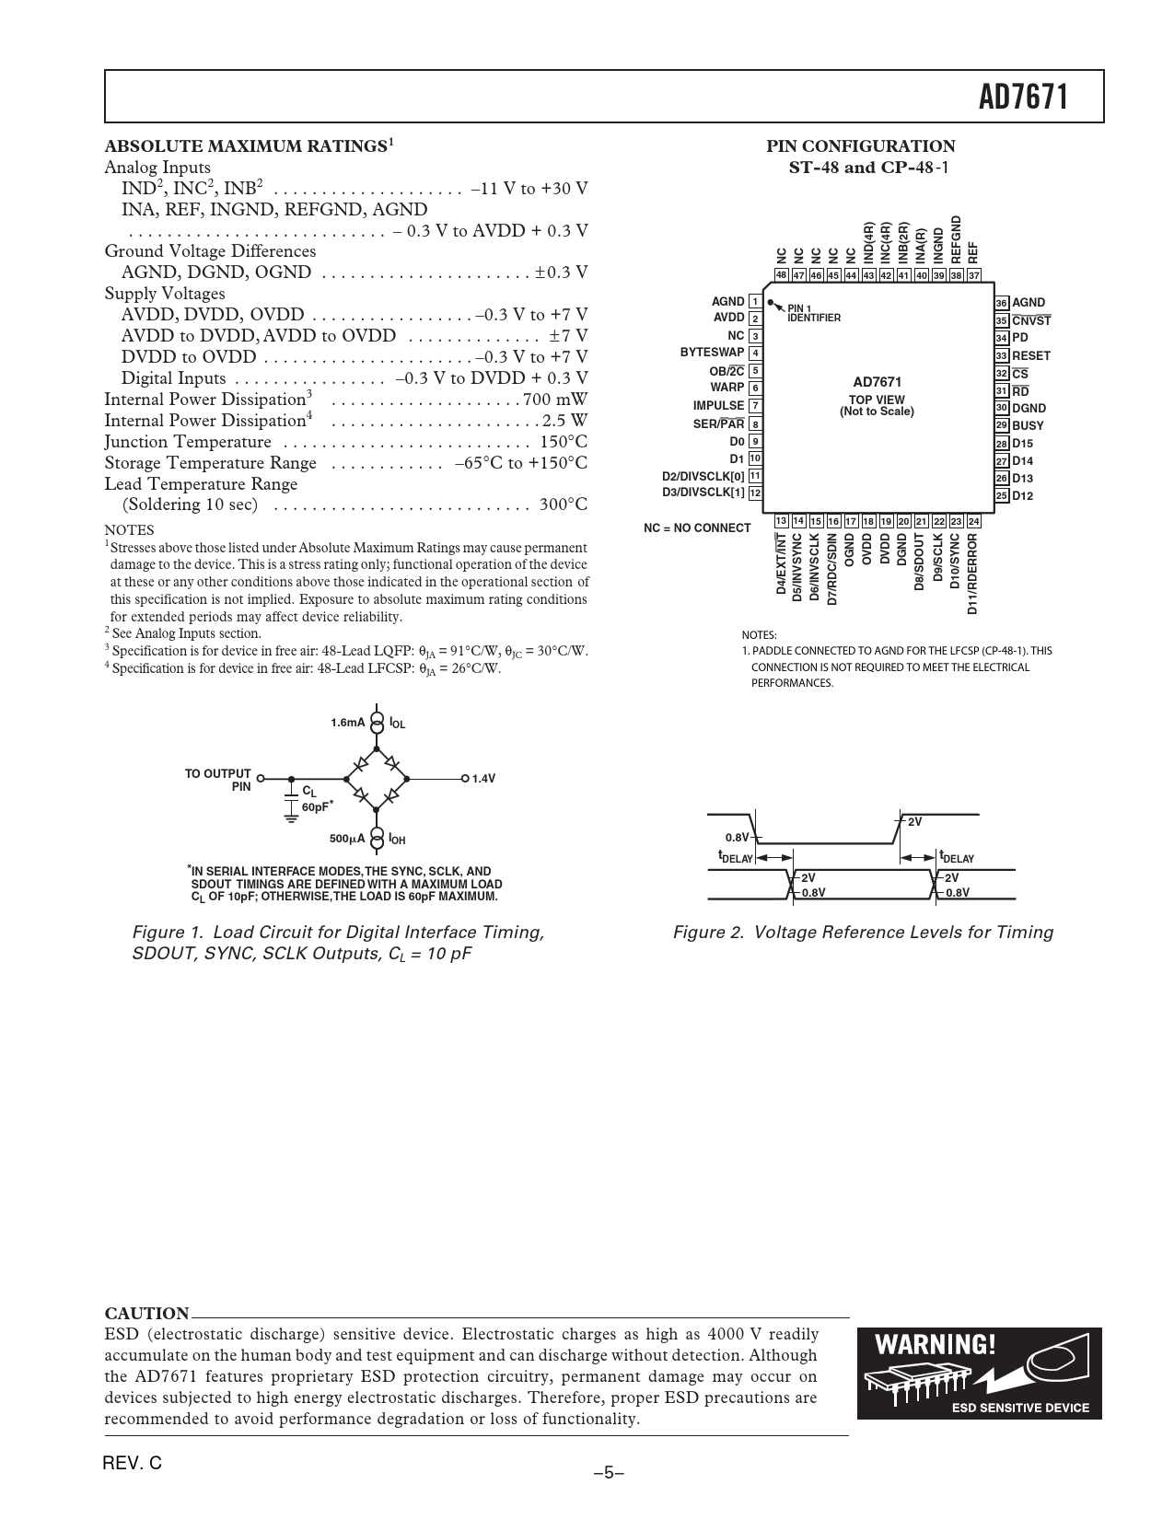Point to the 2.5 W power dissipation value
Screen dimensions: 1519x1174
click(x=565, y=421)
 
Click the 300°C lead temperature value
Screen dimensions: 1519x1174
click(x=564, y=504)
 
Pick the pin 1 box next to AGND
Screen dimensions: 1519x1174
click(x=755, y=302)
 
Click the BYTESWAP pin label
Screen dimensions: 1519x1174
click(x=712, y=353)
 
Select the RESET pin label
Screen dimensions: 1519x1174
click(x=1030, y=355)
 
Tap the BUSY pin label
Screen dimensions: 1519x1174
click(x=1028, y=425)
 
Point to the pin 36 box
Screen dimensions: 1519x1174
click(x=1002, y=303)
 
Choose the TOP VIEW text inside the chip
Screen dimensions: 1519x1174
click(x=877, y=400)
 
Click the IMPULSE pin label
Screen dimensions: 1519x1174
click(x=718, y=405)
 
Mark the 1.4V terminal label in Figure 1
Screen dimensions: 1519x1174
click(x=483, y=779)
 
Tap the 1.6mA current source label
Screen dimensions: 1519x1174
click(x=347, y=723)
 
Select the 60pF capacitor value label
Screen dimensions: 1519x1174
click(x=315, y=806)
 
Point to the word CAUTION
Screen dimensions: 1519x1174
click(x=146, y=1313)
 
